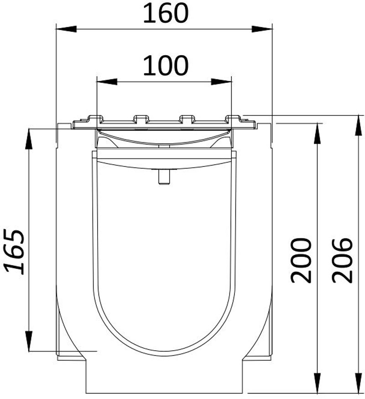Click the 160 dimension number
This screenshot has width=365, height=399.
[x=165, y=14]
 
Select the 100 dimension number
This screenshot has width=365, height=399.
[x=165, y=67]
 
